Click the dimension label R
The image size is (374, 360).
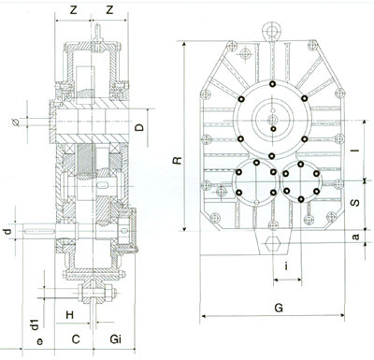(177, 160)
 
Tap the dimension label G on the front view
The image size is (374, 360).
(279, 308)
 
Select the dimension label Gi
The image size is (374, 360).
(116, 339)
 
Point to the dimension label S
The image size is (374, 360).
(355, 203)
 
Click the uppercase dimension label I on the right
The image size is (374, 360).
(356, 151)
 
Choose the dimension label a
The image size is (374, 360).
(355, 238)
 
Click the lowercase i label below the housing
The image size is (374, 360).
(286, 266)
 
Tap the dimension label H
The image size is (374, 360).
(70, 315)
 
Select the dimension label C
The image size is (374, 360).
(76, 339)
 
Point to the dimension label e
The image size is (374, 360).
(40, 341)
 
